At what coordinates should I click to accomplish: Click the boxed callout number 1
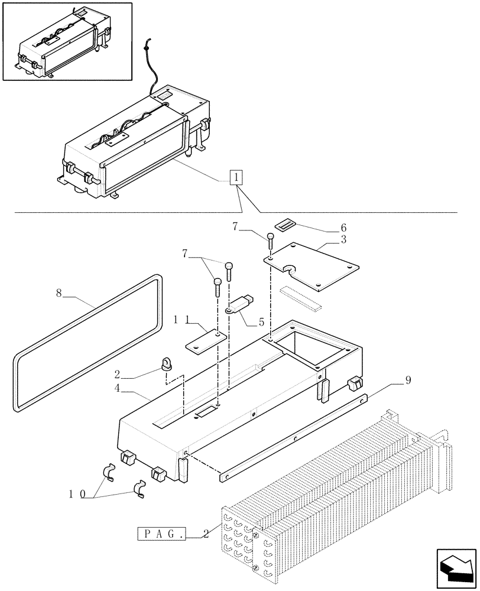[x=236, y=177]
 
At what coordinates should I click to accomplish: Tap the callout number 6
[x=343, y=228]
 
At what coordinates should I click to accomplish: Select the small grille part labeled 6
[x=286, y=223]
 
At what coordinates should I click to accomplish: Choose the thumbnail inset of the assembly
[x=66, y=41]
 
